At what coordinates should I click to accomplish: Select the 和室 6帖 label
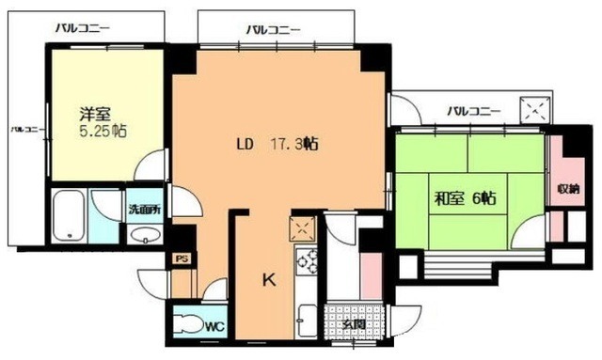coord(464,198)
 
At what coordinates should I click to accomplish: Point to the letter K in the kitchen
coord(268,280)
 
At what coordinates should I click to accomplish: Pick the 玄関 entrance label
coord(353,324)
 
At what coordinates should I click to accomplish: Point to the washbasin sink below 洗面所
coord(142,235)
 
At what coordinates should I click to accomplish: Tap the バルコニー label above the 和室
coord(474,111)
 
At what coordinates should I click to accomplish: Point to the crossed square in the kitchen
coord(303,227)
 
